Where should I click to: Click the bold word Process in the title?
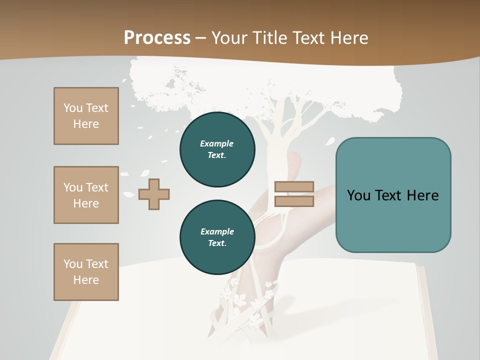point(157,38)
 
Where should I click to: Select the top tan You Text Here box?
point(86,116)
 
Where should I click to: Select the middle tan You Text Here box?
point(86,195)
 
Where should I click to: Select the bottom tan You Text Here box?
point(86,272)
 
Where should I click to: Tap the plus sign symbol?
point(154,194)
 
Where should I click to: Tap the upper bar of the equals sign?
point(294,187)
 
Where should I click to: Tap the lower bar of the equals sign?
point(294,201)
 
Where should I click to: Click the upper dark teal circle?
point(217,149)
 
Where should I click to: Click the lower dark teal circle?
point(217,237)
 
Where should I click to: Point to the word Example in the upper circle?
point(216,143)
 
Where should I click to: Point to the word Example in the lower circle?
point(217,231)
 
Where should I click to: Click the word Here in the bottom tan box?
point(86,280)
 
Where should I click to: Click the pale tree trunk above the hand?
point(274,145)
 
